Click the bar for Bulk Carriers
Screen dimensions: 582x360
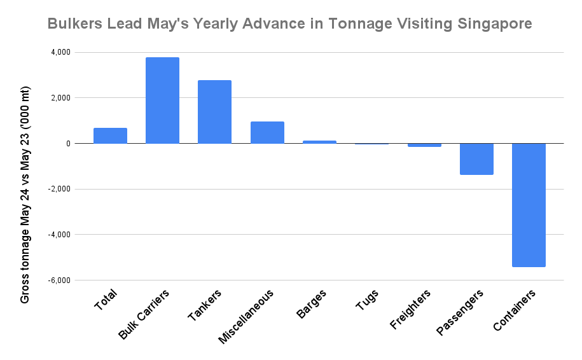pos(162,100)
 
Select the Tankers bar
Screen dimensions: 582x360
pos(214,112)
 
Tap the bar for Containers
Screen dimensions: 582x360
pos(529,205)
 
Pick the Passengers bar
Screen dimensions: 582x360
pos(476,159)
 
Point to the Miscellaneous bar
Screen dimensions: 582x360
pos(267,132)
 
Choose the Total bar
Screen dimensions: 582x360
pos(110,135)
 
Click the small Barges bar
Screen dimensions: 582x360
pos(319,142)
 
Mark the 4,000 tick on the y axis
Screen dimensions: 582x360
pos(60,52)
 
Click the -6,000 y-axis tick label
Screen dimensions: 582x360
pos(59,280)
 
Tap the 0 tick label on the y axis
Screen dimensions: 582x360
pos(68,144)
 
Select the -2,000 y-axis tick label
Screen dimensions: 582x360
pos(59,190)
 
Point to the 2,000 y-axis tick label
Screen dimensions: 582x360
pos(60,98)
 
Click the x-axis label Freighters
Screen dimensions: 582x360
pos(410,310)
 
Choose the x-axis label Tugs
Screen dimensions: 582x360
pos(367,300)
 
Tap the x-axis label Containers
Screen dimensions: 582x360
pos(514,310)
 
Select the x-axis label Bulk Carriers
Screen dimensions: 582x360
pos(144,314)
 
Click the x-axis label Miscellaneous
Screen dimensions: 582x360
pos(246,316)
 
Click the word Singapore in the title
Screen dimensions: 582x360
pos(494,24)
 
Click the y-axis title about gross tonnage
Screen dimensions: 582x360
pos(25,195)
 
